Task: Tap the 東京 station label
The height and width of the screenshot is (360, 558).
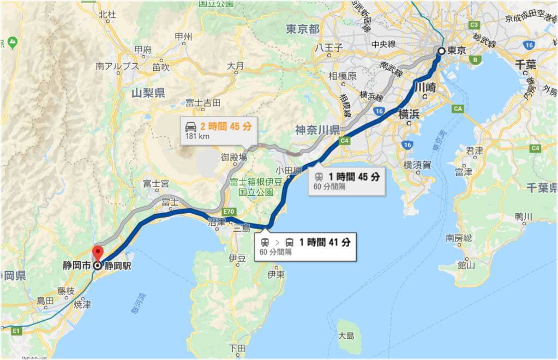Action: [457, 51]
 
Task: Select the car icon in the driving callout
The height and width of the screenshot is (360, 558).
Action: [191, 126]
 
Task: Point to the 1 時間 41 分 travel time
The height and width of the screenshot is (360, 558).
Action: [325, 242]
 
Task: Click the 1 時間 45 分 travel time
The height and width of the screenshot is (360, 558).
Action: [353, 176]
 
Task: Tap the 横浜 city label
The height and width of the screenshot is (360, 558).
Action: [409, 114]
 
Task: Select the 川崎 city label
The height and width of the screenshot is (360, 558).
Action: [425, 87]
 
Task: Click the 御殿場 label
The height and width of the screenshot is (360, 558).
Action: [234, 157]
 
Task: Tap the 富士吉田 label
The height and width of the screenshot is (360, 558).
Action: [202, 103]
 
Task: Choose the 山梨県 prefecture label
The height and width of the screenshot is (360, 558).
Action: [148, 93]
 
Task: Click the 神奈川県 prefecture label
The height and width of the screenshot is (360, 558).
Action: [317, 130]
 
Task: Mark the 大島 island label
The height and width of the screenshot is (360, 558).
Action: [346, 336]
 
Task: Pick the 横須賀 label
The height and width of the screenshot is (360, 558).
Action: [418, 164]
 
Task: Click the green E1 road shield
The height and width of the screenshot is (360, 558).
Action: [16, 331]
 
